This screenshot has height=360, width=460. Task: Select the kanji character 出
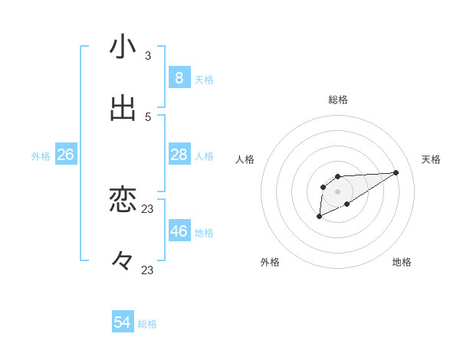123,109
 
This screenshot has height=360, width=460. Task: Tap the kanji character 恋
123,201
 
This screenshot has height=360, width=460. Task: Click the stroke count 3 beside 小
148,56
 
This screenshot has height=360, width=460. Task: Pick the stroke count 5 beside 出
148,117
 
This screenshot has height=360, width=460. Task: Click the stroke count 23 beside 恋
148,209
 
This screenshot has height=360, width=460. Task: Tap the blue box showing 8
179,78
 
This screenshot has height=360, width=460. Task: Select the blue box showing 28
179,155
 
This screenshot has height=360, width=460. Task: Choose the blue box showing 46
179,231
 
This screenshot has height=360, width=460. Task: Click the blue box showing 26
65,155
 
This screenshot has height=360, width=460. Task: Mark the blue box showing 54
123,322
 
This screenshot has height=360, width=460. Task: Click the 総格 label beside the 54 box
147,324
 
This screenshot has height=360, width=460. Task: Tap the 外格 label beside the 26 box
41,156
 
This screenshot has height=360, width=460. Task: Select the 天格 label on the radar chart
432,159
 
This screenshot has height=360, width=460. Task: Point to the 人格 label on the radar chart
245,159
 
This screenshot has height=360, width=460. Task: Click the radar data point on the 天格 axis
396,172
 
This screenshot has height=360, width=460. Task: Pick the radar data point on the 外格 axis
319,218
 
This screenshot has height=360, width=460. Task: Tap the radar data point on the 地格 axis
347,204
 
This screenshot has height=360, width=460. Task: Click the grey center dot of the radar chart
337,191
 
